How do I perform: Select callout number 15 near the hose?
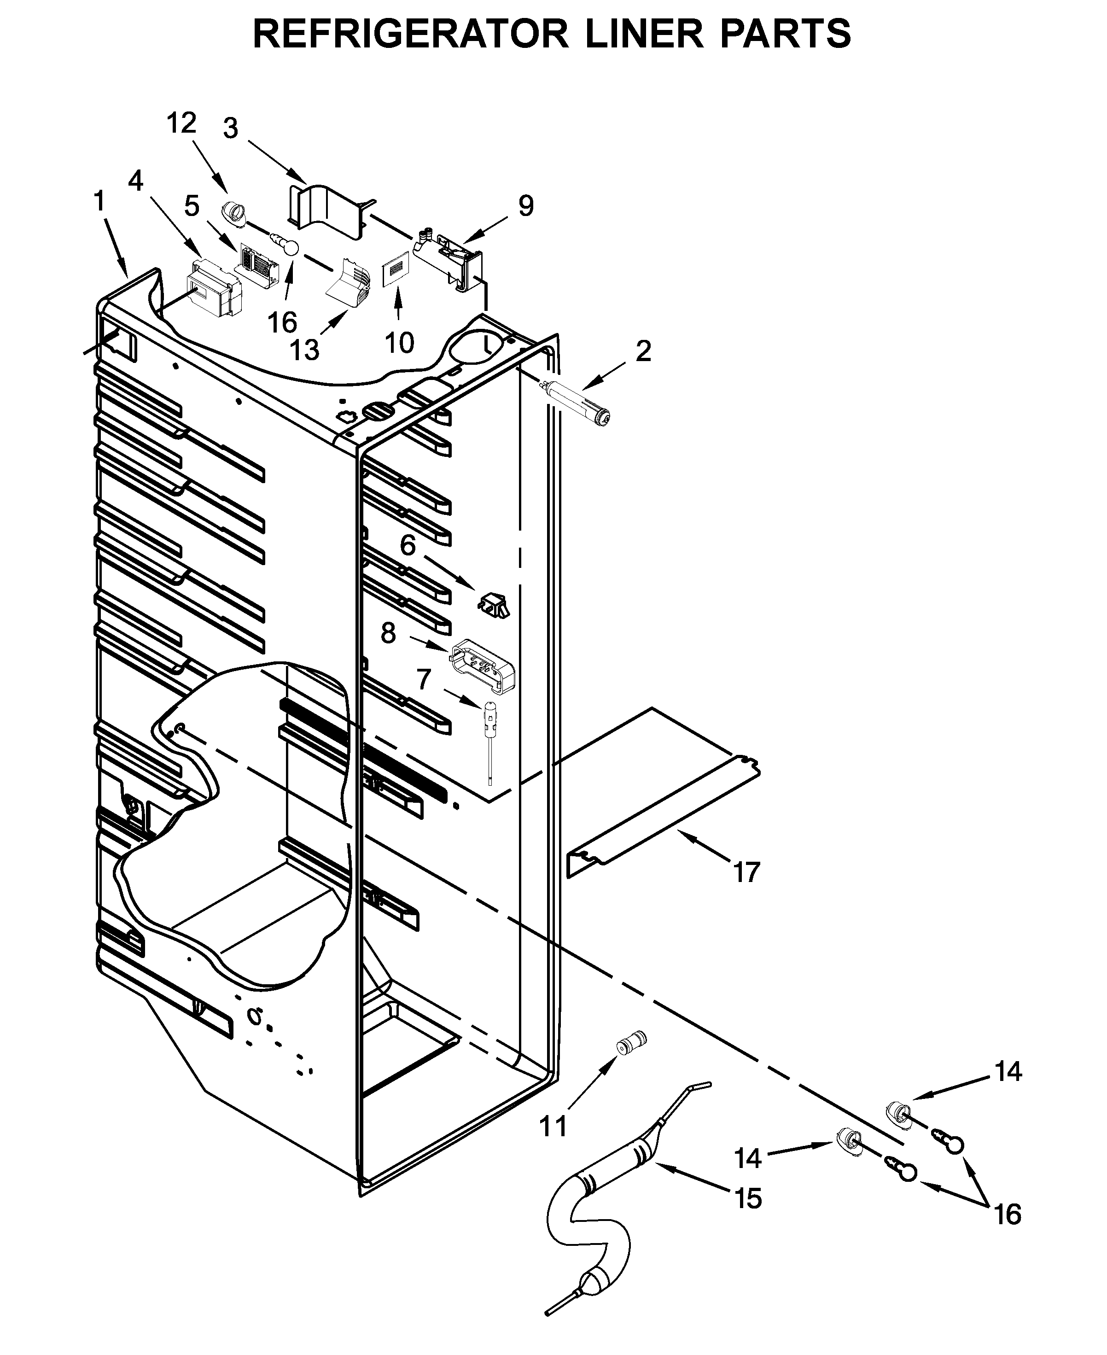[748, 1199]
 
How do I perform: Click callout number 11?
[553, 1127]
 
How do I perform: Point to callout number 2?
[643, 351]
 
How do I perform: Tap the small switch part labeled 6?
[494, 604]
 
